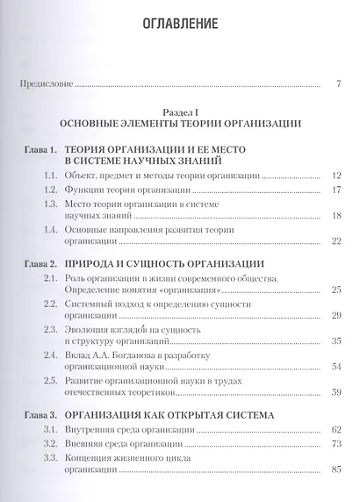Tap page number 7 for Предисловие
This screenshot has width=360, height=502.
click(x=338, y=85)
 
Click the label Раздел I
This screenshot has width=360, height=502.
click(x=179, y=111)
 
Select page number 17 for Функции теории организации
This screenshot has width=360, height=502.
click(x=335, y=190)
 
